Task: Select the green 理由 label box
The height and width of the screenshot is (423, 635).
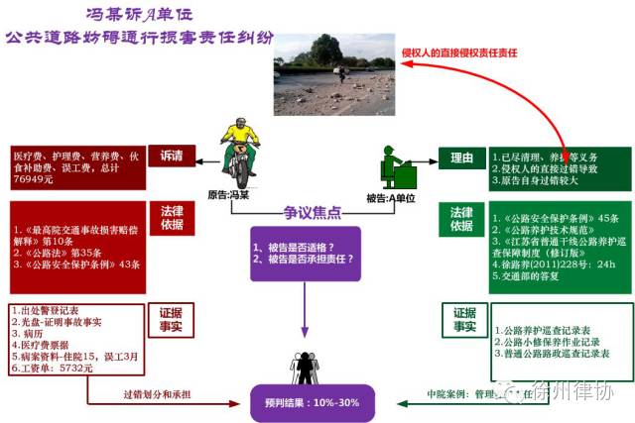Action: pyautogui.click(x=461, y=156)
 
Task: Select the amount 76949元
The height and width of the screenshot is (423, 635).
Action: pyautogui.click(x=36, y=180)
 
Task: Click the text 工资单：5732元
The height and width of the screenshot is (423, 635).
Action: pyautogui.click(x=51, y=367)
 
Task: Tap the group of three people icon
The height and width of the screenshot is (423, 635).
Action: pyautogui.click(x=305, y=368)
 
